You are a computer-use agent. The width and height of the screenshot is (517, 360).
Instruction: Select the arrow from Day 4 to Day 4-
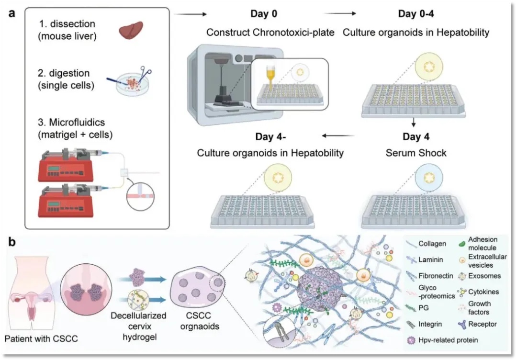click(x=338, y=136)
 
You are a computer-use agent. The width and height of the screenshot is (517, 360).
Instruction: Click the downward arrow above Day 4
click(x=413, y=124)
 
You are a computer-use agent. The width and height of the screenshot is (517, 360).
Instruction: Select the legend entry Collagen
click(x=431, y=244)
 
